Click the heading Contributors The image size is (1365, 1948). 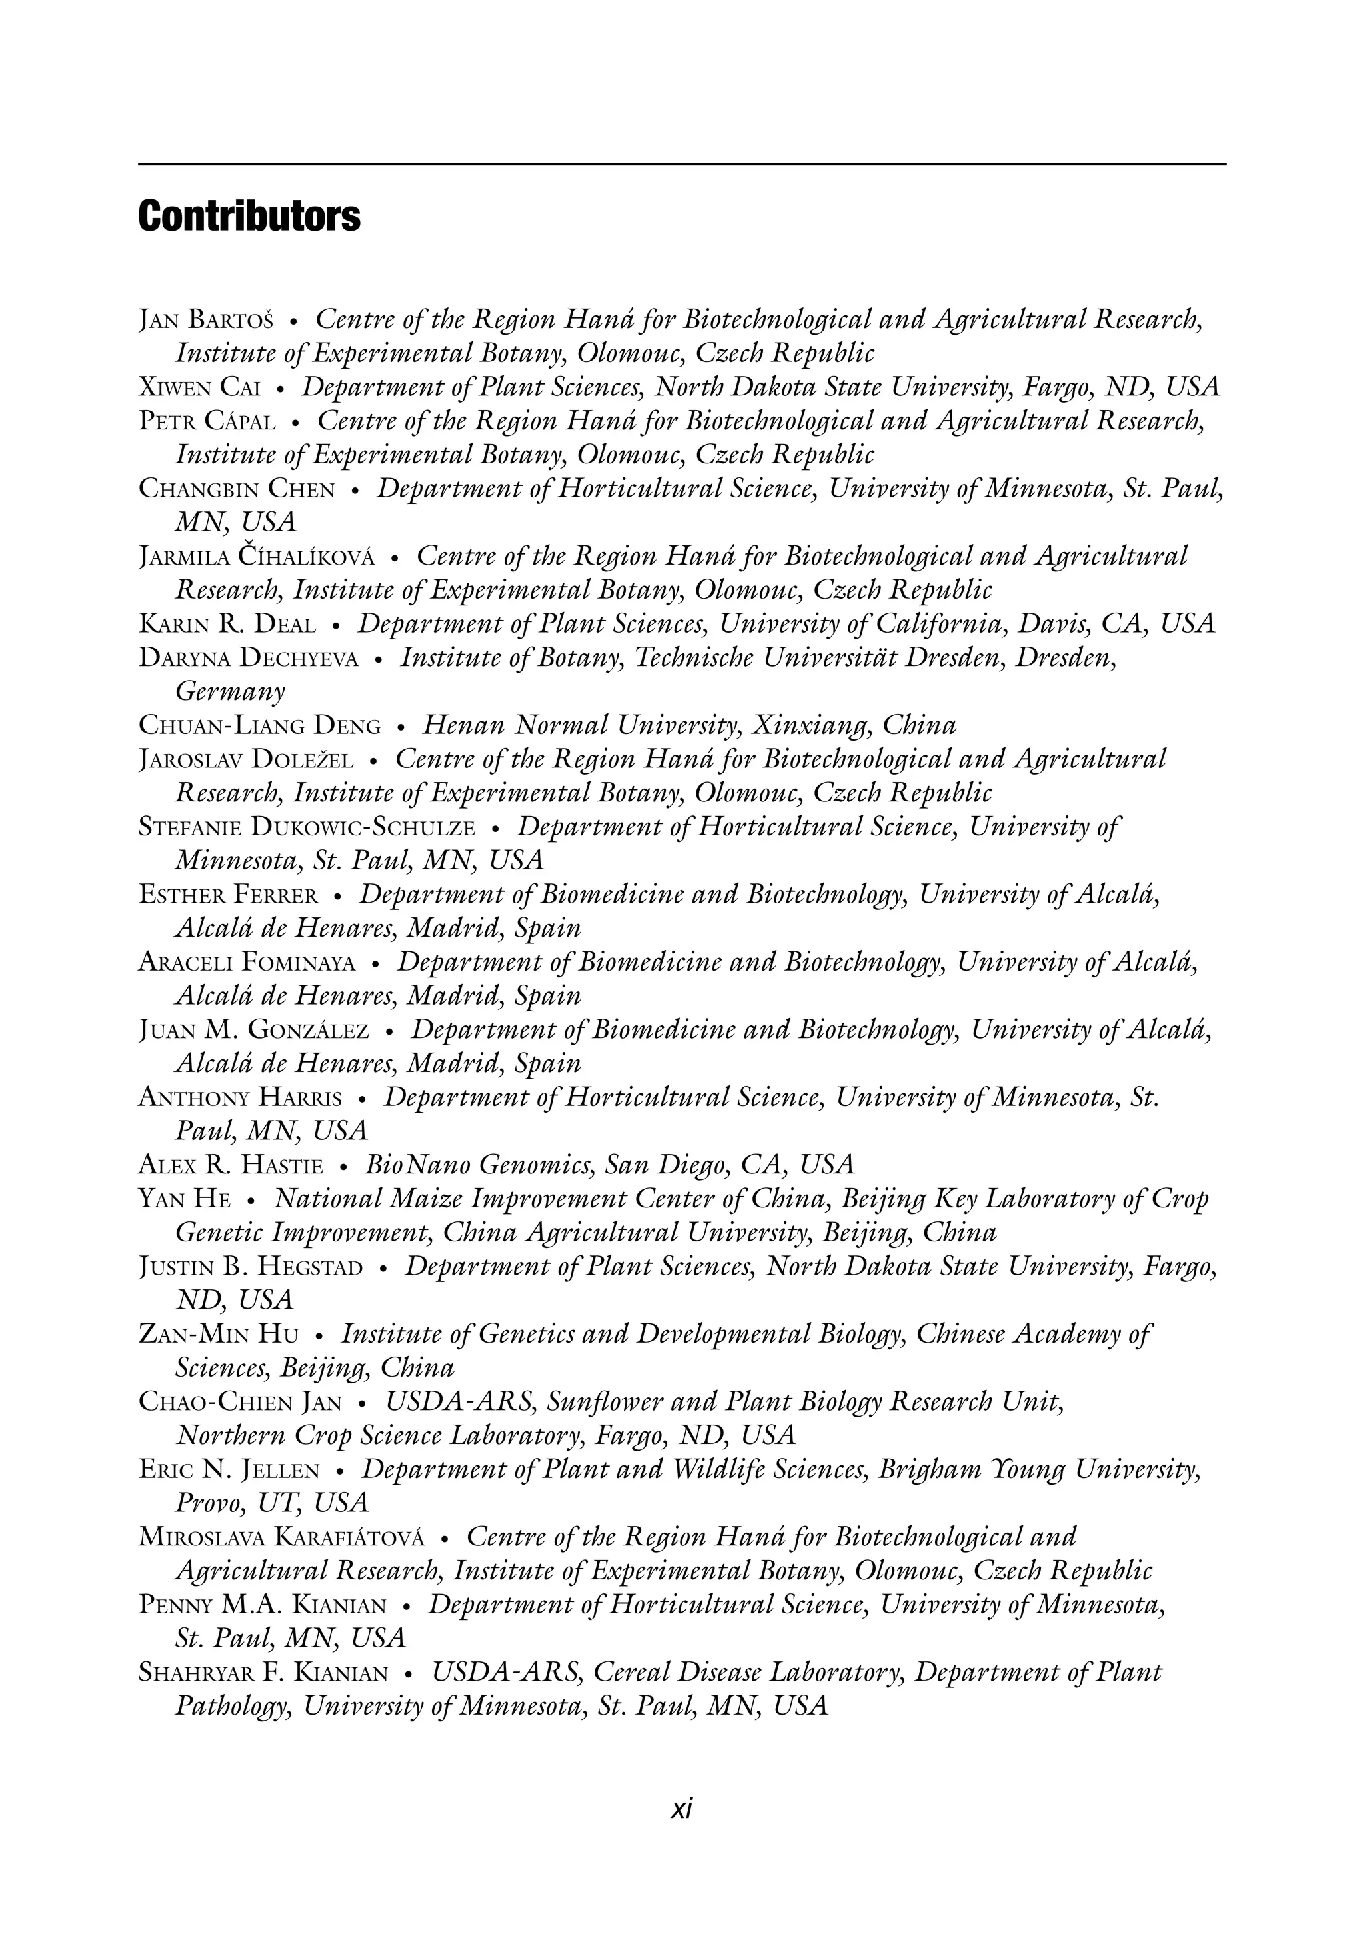pos(249,217)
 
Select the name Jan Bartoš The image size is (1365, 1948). pos(206,321)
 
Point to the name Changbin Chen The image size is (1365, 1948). pos(237,489)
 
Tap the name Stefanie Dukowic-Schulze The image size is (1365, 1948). pos(306,827)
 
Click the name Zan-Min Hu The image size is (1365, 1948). pos(218,1335)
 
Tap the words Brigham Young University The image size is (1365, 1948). pos(1038,1469)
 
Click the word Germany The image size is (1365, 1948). pos(230,691)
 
